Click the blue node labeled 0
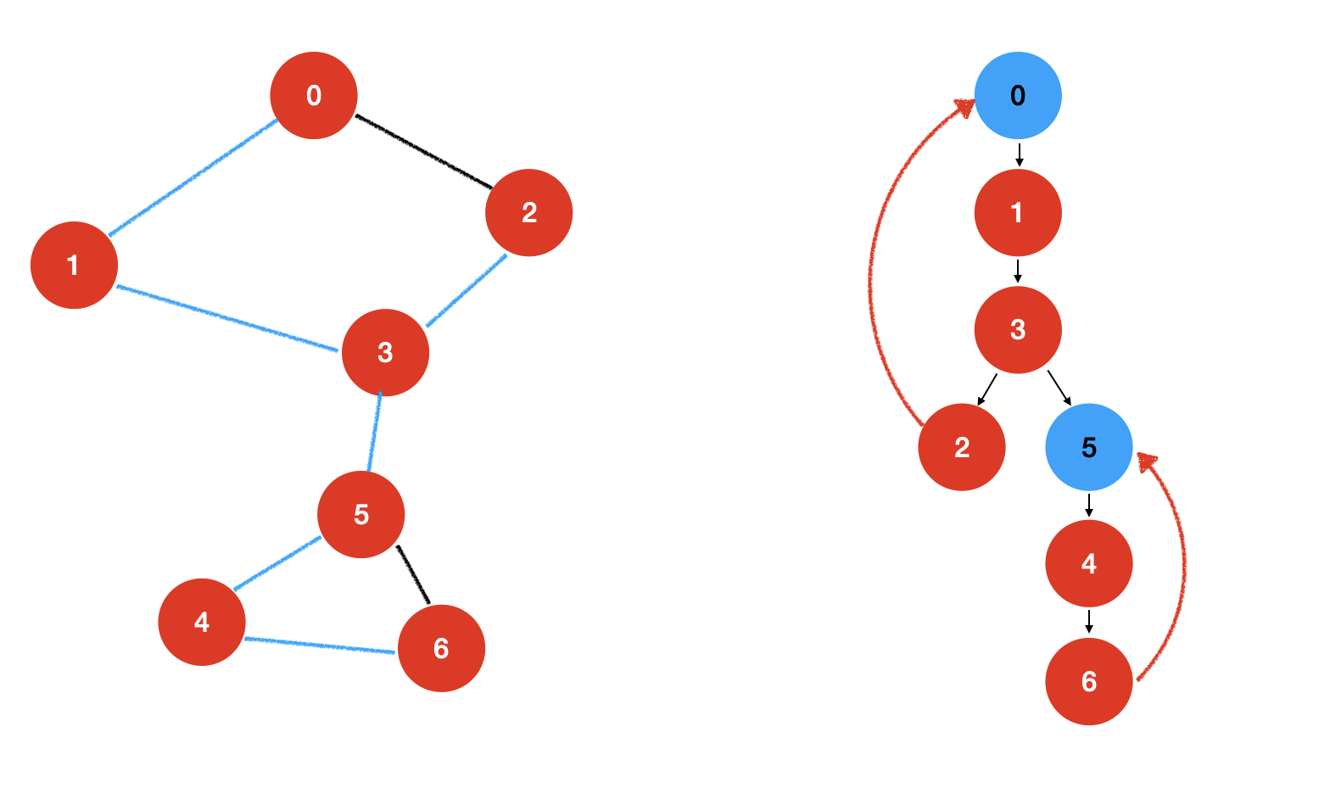click(1018, 96)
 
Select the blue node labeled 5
click(1089, 447)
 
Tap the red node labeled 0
click(314, 96)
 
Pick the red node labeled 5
click(361, 515)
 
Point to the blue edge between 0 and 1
click(193, 178)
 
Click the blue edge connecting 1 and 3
click(227, 318)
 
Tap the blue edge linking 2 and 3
click(467, 290)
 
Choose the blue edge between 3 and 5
click(374, 433)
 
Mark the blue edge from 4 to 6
click(320, 646)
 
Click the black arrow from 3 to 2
click(986, 389)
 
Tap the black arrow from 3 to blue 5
click(1059, 388)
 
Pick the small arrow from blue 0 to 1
click(1019, 155)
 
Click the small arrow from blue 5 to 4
click(1089, 506)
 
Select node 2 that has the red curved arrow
click(962, 447)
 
